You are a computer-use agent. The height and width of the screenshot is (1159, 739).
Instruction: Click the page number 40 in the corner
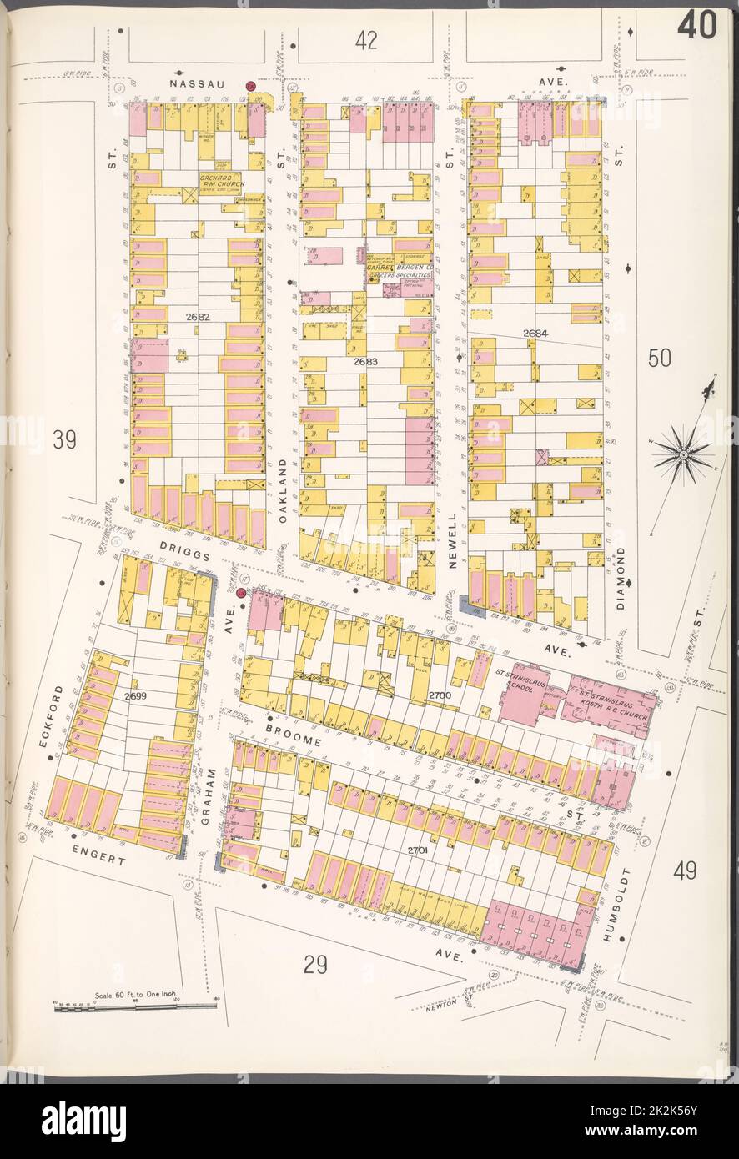coord(696,27)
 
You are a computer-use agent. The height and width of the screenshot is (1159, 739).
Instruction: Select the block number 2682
coord(198,318)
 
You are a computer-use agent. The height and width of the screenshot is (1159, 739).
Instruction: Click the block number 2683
coord(365,362)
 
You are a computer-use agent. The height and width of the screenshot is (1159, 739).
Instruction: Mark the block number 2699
coord(135,695)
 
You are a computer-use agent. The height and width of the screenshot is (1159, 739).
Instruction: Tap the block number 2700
coord(439,695)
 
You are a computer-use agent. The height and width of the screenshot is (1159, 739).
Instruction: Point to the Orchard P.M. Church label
coord(219,182)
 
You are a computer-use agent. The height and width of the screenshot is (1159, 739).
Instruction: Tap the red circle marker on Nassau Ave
coord(249,86)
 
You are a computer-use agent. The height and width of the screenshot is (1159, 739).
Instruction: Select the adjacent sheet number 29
coord(314,965)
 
